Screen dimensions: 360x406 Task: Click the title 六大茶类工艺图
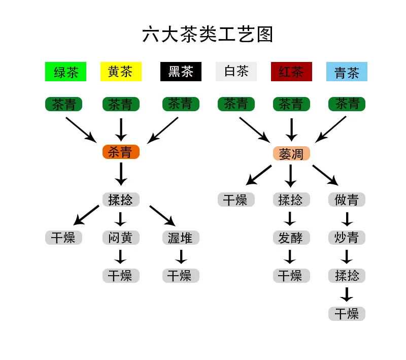click(x=208, y=35)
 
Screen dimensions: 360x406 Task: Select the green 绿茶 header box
click(x=65, y=72)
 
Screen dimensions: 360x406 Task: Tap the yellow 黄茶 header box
click(x=121, y=72)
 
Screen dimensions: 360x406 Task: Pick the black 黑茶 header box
click(x=181, y=72)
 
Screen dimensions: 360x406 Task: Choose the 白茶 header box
click(x=236, y=72)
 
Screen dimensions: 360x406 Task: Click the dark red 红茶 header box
click(x=291, y=72)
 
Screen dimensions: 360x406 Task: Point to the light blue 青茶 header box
click(x=347, y=72)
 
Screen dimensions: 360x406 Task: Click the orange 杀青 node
click(x=121, y=151)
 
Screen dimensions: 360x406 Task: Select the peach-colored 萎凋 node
click(x=291, y=153)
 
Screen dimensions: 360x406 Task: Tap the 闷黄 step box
click(x=121, y=237)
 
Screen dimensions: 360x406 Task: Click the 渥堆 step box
click(x=181, y=237)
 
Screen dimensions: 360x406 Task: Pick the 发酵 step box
click(x=291, y=237)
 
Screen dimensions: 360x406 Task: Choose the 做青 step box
click(x=347, y=200)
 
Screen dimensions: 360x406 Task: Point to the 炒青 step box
click(x=347, y=237)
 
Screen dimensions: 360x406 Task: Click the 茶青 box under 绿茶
click(x=64, y=104)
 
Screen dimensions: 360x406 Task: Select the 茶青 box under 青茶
click(x=347, y=104)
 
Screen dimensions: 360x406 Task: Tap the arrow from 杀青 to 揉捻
click(x=121, y=174)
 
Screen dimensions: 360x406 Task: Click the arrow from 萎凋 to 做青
click(x=325, y=175)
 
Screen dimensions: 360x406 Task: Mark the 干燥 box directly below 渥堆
click(x=181, y=276)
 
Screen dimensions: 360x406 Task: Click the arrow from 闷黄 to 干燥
click(x=121, y=256)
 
